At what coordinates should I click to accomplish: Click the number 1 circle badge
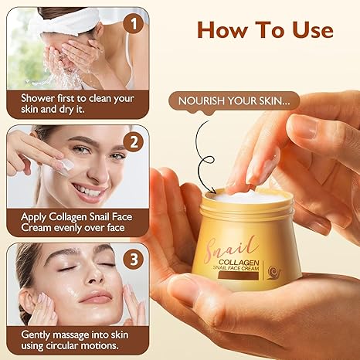click(134, 24)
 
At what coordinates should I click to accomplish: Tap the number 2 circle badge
click(134, 141)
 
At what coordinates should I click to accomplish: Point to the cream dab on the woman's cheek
click(67, 165)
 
